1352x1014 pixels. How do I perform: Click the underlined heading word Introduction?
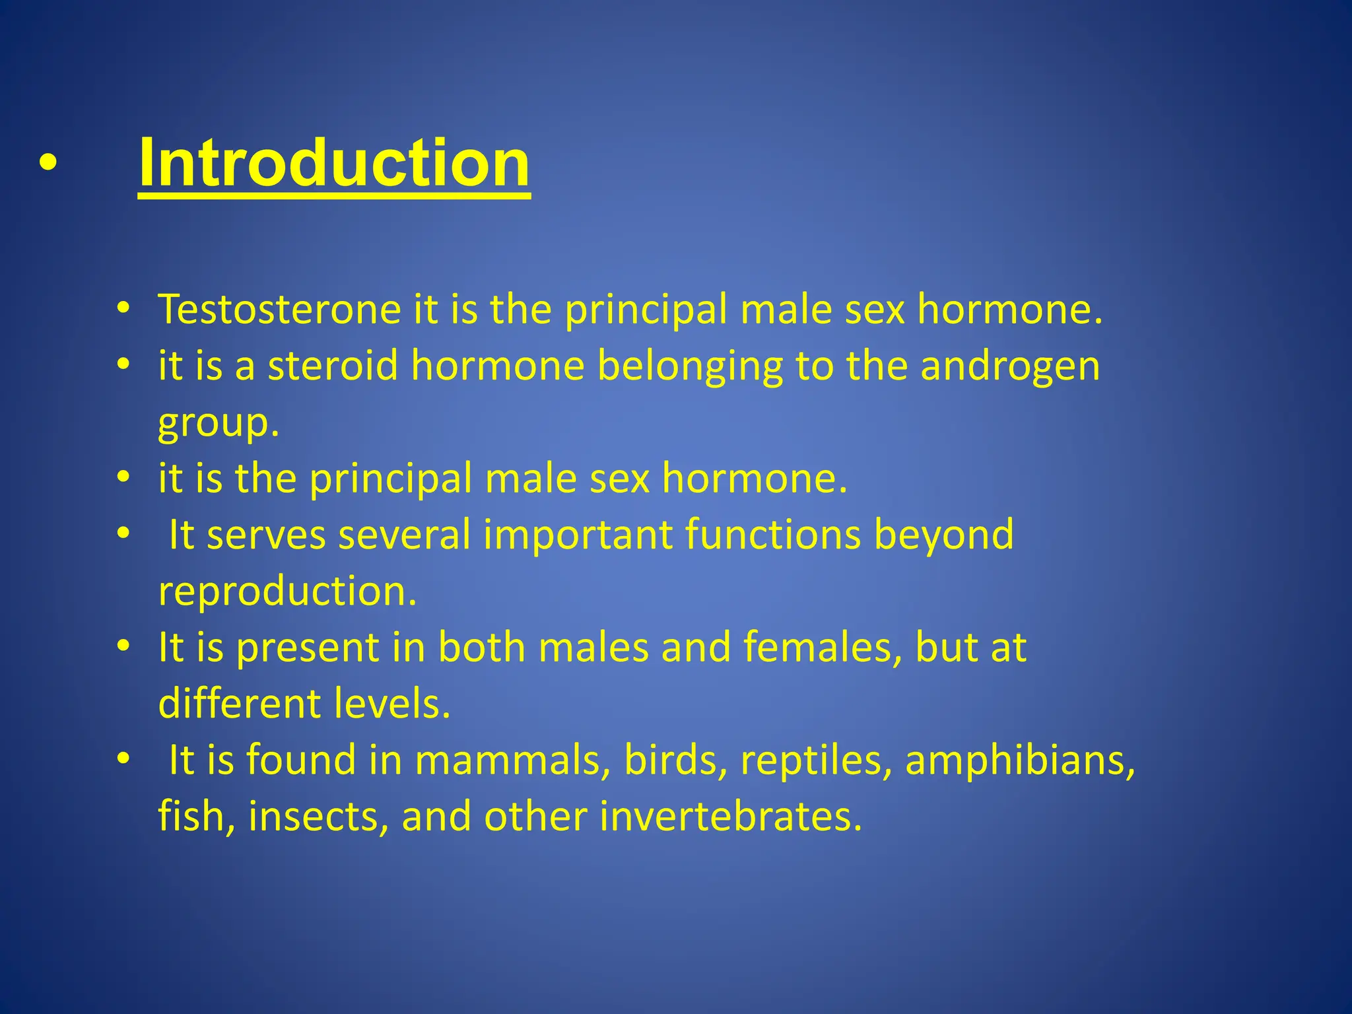(333, 163)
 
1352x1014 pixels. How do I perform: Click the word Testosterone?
(279, 309)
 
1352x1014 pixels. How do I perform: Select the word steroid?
(333, 366)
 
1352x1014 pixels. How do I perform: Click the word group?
(219, 424)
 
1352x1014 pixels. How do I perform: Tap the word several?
(404, 534)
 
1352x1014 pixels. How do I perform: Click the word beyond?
(944, 535)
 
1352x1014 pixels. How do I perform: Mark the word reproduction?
(287, 591)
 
